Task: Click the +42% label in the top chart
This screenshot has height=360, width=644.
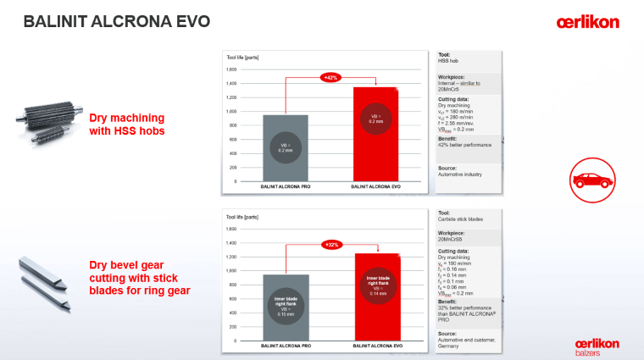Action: pyautogui.click(x=330, y=77)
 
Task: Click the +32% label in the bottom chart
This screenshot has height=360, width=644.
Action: pyautogui.click(x=330, y=244)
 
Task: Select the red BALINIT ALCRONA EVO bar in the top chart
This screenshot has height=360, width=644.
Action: pyautogui.click(x=375, y=134)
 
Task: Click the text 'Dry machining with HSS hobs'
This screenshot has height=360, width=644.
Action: pyautogui.click(x=127, y=124)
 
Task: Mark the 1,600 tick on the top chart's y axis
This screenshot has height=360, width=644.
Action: pyautogui.click(x=231, y=69)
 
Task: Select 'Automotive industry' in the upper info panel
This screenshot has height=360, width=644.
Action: pyautogui.click(x=461, y=174)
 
